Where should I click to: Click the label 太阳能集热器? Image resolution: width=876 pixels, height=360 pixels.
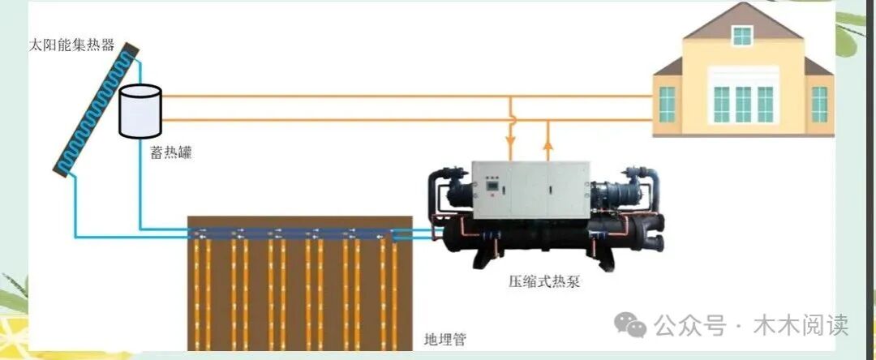coord(71,44)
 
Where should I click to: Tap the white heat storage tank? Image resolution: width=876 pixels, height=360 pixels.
coord(140,111)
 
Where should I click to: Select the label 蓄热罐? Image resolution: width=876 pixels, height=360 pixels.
coord(170,152)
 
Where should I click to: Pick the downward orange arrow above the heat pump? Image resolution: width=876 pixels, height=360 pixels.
coord(511,151)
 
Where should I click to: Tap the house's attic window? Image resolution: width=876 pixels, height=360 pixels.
coord(742,36)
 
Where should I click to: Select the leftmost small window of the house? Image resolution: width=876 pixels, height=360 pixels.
coord(667,103)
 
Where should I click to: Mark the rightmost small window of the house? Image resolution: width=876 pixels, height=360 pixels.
coord(819,103)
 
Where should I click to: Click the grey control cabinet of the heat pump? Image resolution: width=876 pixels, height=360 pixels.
coord(531,190)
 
